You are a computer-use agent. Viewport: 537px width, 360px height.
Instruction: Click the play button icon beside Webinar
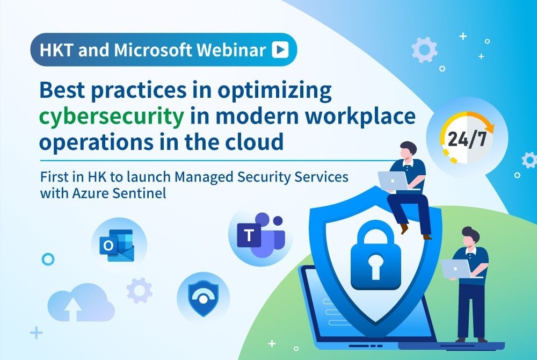pos(280,49)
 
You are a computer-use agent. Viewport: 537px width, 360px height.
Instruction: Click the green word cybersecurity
pos(112,117)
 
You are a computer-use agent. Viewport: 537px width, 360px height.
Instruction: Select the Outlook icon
pos(117,245)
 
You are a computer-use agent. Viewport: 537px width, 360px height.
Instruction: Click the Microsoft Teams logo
pos(261,235)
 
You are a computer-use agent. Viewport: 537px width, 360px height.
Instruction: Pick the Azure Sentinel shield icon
pos(204,298)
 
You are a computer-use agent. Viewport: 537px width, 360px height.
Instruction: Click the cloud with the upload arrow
pos(81,303)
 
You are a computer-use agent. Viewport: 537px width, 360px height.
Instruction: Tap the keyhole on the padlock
pos(375,266)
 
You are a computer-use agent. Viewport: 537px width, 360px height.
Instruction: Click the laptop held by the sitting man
pos(393,180)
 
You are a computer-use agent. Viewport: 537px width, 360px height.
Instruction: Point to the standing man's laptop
pos(456,269)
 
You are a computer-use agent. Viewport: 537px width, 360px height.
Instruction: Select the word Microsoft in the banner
pos(153,50)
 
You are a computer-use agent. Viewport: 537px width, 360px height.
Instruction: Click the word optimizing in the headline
pos(274,90)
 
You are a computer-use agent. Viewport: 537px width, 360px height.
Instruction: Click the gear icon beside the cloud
pos(140,291)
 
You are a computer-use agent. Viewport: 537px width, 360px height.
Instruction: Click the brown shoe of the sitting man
pos(404,228)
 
